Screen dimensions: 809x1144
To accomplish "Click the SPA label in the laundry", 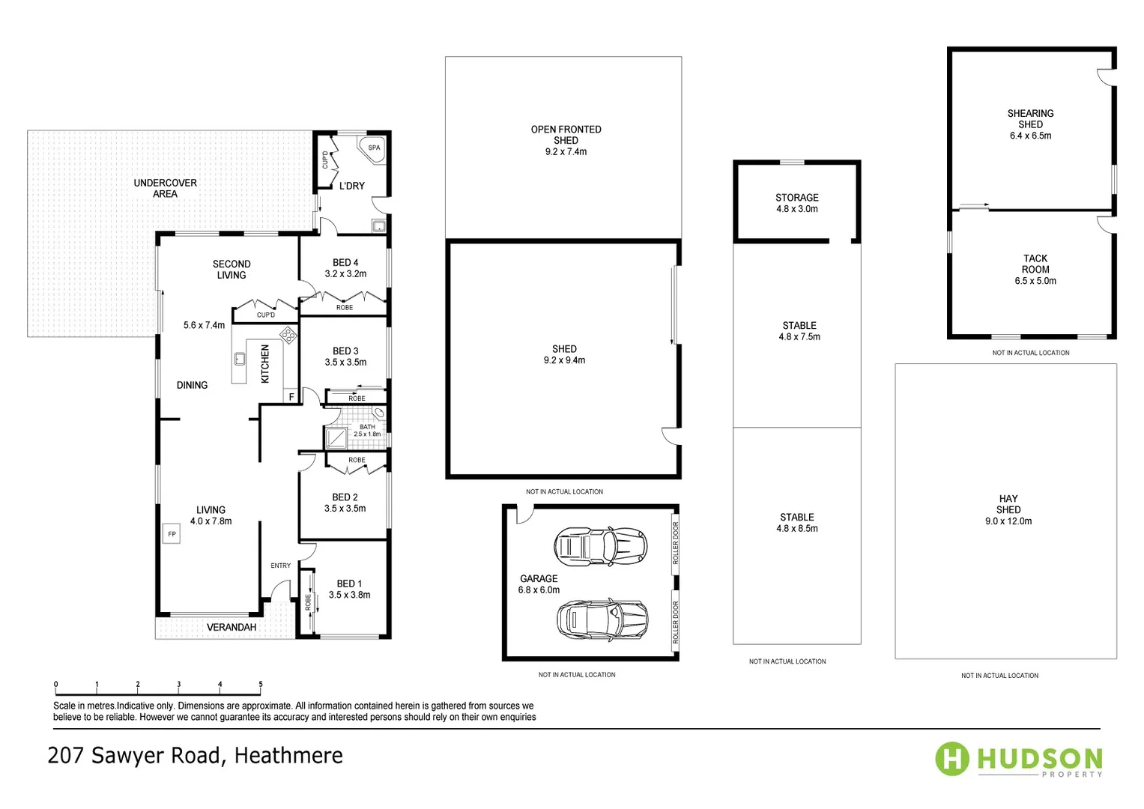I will tap(374, 148).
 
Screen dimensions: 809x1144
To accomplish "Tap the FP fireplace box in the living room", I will tap(172, 534).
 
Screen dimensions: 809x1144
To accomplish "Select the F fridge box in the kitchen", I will tap(291, 396).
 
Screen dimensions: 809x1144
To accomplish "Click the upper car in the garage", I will tap(600, 545).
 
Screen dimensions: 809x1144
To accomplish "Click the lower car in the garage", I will tap(602, 619).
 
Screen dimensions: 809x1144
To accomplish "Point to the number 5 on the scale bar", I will tap(261, 684).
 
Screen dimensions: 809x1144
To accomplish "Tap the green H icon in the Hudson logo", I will tap(952, 759).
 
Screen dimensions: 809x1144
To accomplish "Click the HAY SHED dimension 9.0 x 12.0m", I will tap(1008, 521).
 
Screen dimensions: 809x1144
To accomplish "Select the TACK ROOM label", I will tap(1035, 264).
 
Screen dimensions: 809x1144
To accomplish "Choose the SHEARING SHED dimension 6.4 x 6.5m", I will tap(1030, 136).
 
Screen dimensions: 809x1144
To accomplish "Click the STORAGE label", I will tap(796, 198).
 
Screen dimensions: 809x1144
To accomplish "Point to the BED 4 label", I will tap(345, 263).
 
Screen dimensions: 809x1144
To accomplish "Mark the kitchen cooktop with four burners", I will tap(288, 335).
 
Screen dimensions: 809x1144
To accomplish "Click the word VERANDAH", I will tap(231, 627).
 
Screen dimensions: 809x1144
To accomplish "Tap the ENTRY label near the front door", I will tap(280, 566).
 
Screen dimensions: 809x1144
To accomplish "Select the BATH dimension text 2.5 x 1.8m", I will tap(367, 434).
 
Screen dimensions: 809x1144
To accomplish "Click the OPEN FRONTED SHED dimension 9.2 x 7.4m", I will tap(566, 151).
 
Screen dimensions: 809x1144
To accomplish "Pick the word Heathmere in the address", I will tap(288, 755).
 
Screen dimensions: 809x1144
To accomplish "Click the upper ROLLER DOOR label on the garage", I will tap(675, 543).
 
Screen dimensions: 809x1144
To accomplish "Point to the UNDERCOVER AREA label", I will tap(165, 188).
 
